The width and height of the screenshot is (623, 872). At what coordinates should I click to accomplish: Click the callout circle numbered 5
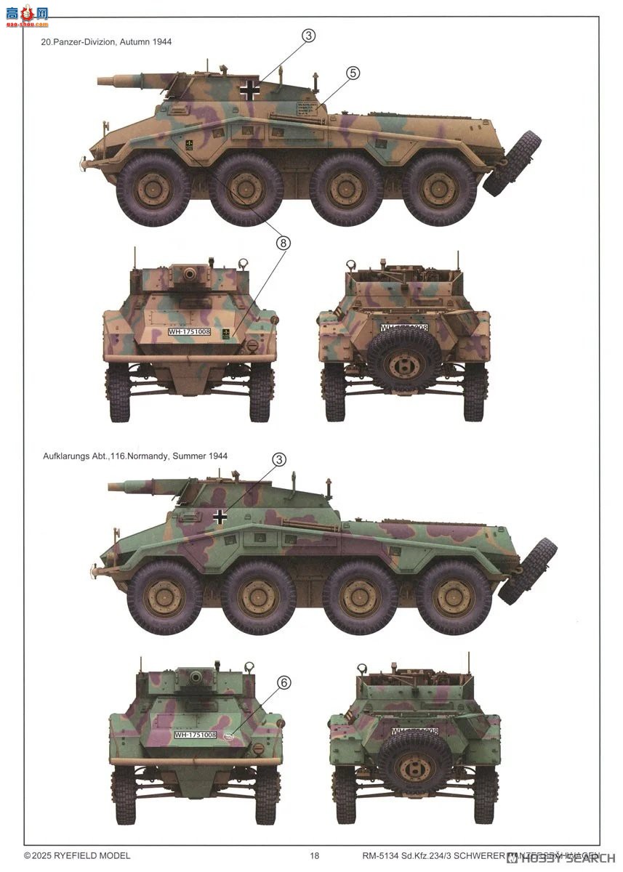pyautogui.click(x=353, y=73)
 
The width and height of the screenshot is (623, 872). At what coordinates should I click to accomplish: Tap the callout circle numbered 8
pyautogui.click(x=283, y=243)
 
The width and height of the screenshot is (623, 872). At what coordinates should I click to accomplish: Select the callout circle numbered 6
pyautogui.click(x=284, y=682)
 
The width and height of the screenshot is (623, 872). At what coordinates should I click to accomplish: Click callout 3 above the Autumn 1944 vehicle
pyautogui.click(x=308, y=36)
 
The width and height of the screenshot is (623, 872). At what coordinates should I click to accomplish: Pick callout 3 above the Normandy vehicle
pyautogui.click(x=278, y=459)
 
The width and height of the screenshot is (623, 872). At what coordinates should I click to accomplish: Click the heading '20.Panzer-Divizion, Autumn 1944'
pyautogui.click(x=107, y=42)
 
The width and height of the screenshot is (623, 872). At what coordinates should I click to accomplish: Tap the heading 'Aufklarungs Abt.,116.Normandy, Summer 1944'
pyautogui.click(x=134, y=456)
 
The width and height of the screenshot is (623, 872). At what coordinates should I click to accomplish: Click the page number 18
pyautogui.click(x=314, y=855)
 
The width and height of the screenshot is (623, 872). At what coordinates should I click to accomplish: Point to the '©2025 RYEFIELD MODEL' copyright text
pyautogui.click(x=77, y=855)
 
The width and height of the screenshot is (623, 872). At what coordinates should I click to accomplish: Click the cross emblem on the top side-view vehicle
pyautogui.click(x=250, y=90)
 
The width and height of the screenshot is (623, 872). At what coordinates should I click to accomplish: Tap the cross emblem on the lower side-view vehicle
pyautogui.click(x=220, y=516)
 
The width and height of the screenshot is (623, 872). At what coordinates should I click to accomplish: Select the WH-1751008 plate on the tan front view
pyautogui.click(x=189, y=332)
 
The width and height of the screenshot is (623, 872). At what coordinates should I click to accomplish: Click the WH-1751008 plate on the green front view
pyautogui.click(x=195, y=735)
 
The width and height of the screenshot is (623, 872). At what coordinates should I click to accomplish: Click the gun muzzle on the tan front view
pyautogui.click(x=190, y=275)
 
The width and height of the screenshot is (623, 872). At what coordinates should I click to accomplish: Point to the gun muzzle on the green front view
pyautogui.click(x=196, y=677)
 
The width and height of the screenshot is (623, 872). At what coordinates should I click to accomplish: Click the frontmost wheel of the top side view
pyautogui.click(x=153, y=189)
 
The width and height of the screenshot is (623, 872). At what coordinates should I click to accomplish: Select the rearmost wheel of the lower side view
pyautogui.click(x=454, y=597)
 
